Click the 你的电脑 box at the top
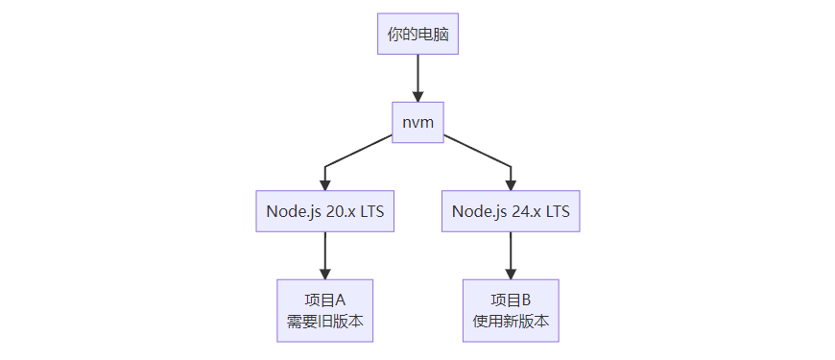tap(417, 36)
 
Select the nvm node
tap(417, 122)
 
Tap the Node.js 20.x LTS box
tap(325, 211)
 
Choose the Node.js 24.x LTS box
tap(511, 211)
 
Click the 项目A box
tap(325, 310)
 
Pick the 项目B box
tap(511, 310)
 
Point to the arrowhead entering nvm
tap(417, 94)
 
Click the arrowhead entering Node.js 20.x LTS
tap(325, 184)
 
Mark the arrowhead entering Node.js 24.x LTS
tap(511, 184)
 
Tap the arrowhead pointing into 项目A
tap(325, 273)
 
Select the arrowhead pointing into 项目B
tap(511, 273)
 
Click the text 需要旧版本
tap(325, 322)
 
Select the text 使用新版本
tap(511, 322)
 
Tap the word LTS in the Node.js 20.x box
tap(372, 211)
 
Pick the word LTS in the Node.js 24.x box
tap(558, 211)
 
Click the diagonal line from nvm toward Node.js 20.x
tap(360, 151)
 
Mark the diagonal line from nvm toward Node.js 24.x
tap(476, 151)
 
